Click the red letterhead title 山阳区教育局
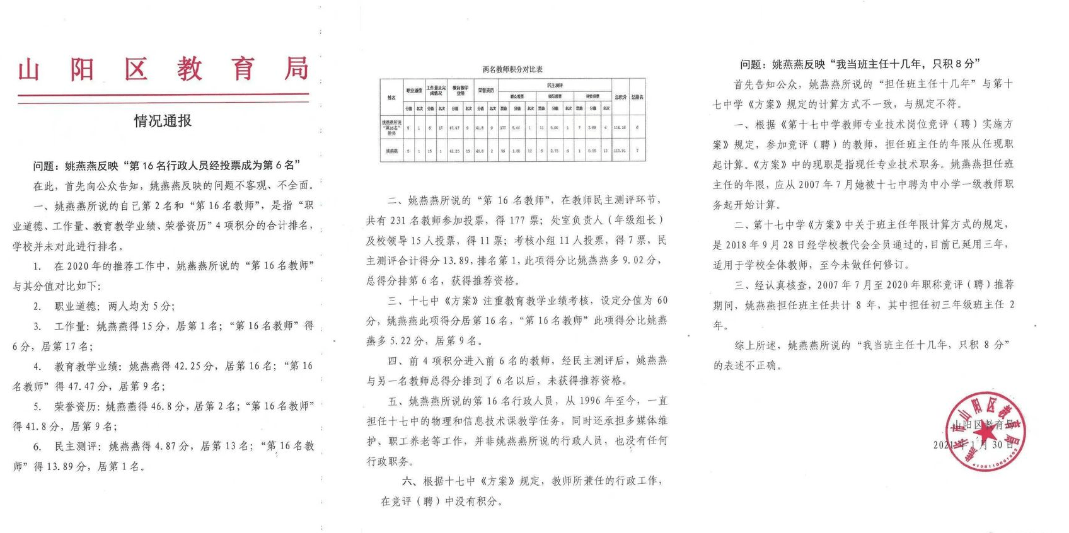point(163,69)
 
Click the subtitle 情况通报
point(163,121)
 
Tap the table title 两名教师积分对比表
point(512,69)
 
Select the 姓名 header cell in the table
point(391,98)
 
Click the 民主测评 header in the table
point(555,85)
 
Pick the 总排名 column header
point(637,98)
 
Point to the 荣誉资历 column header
point(485,91)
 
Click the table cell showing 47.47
point(454,128)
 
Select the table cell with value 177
point(503,128)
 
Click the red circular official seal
point(986,432)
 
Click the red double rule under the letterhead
point(163,98)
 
